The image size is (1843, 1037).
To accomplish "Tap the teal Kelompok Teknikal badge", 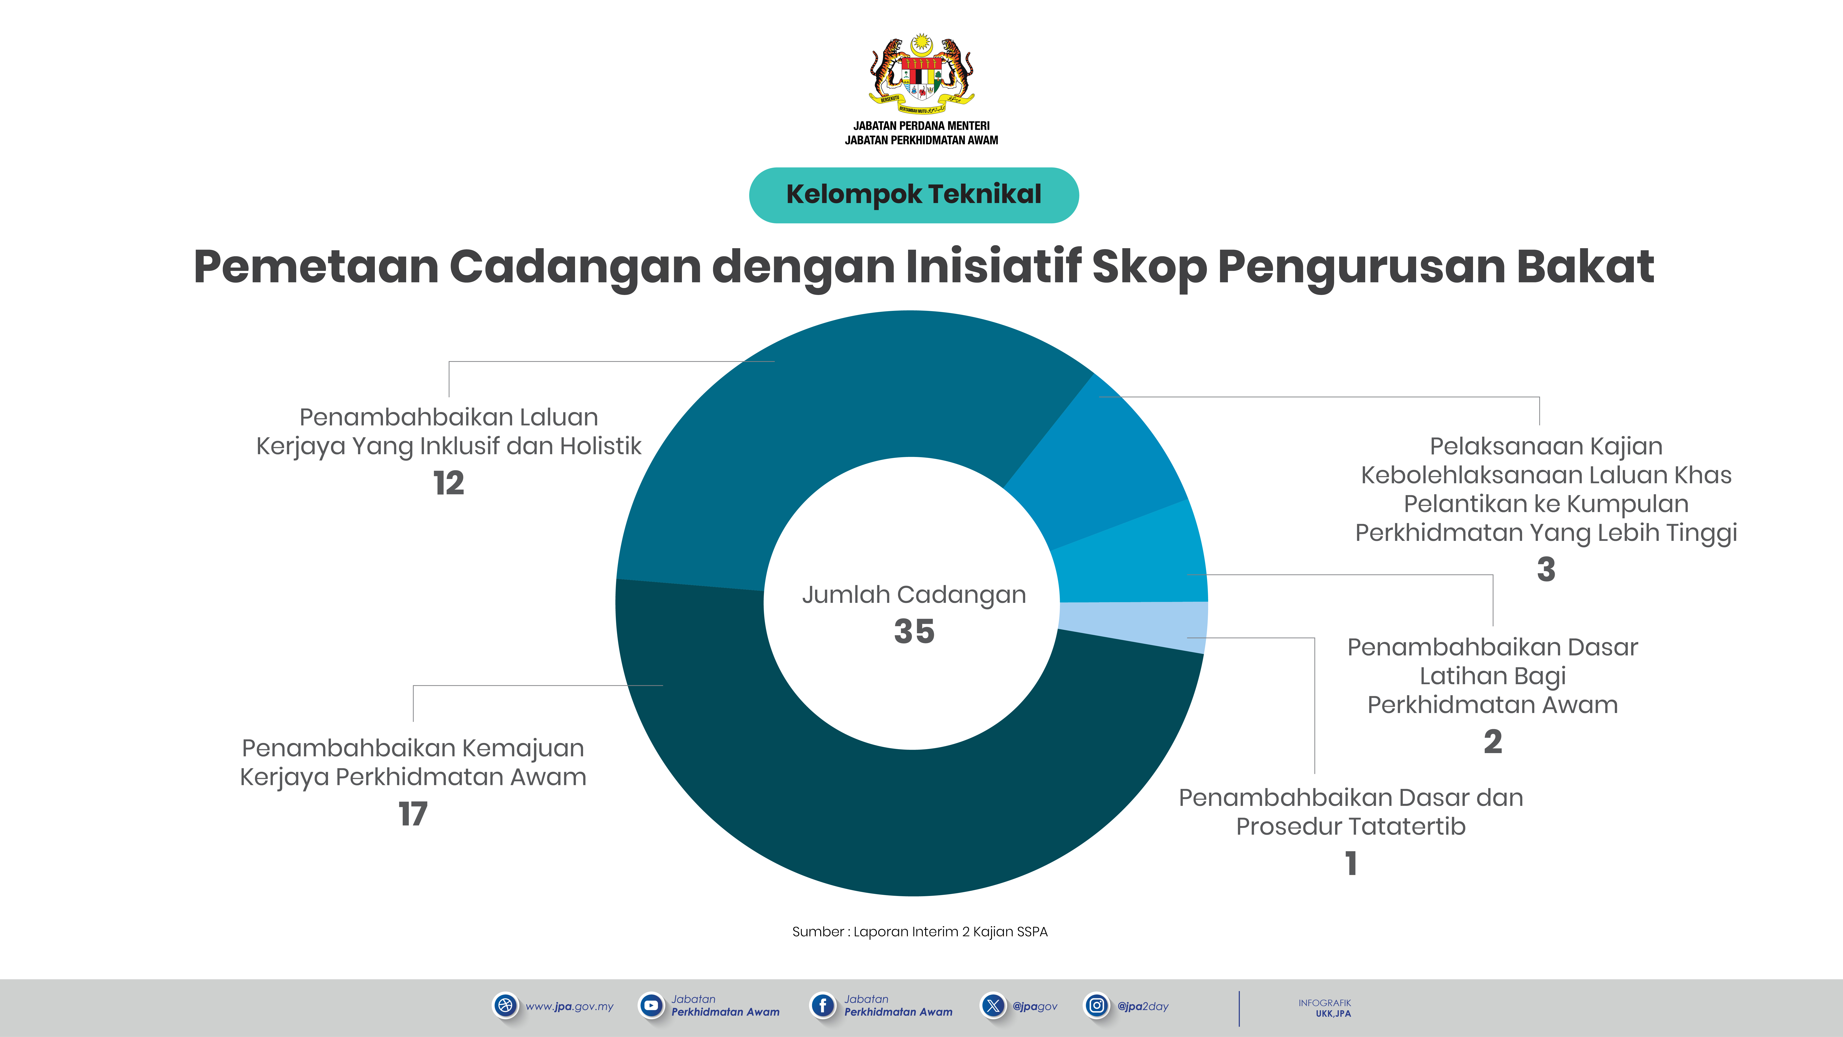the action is click(914, 195).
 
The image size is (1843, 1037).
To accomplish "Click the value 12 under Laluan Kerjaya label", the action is click(449, 483).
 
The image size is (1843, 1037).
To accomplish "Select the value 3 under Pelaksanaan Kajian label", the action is click(1546, 570).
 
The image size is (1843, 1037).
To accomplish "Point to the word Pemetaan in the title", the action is click(316, 266).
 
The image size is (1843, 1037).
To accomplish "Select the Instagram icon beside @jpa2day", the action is click(1096, 1005).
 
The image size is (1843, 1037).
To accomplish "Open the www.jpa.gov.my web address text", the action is click(569, 1006).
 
